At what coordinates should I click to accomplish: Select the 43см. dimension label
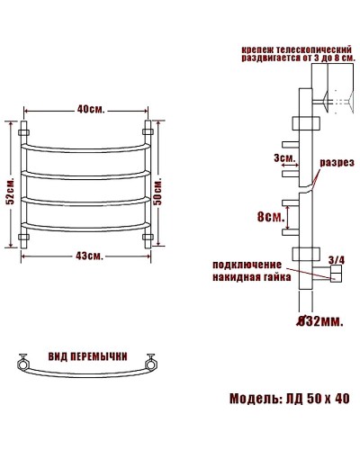[88, 256]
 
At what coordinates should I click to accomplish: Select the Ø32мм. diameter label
[319, 319]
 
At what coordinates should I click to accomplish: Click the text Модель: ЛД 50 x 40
[289, 398]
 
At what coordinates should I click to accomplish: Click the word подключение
[247, 265]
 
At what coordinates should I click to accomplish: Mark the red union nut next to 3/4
[336, 276]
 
